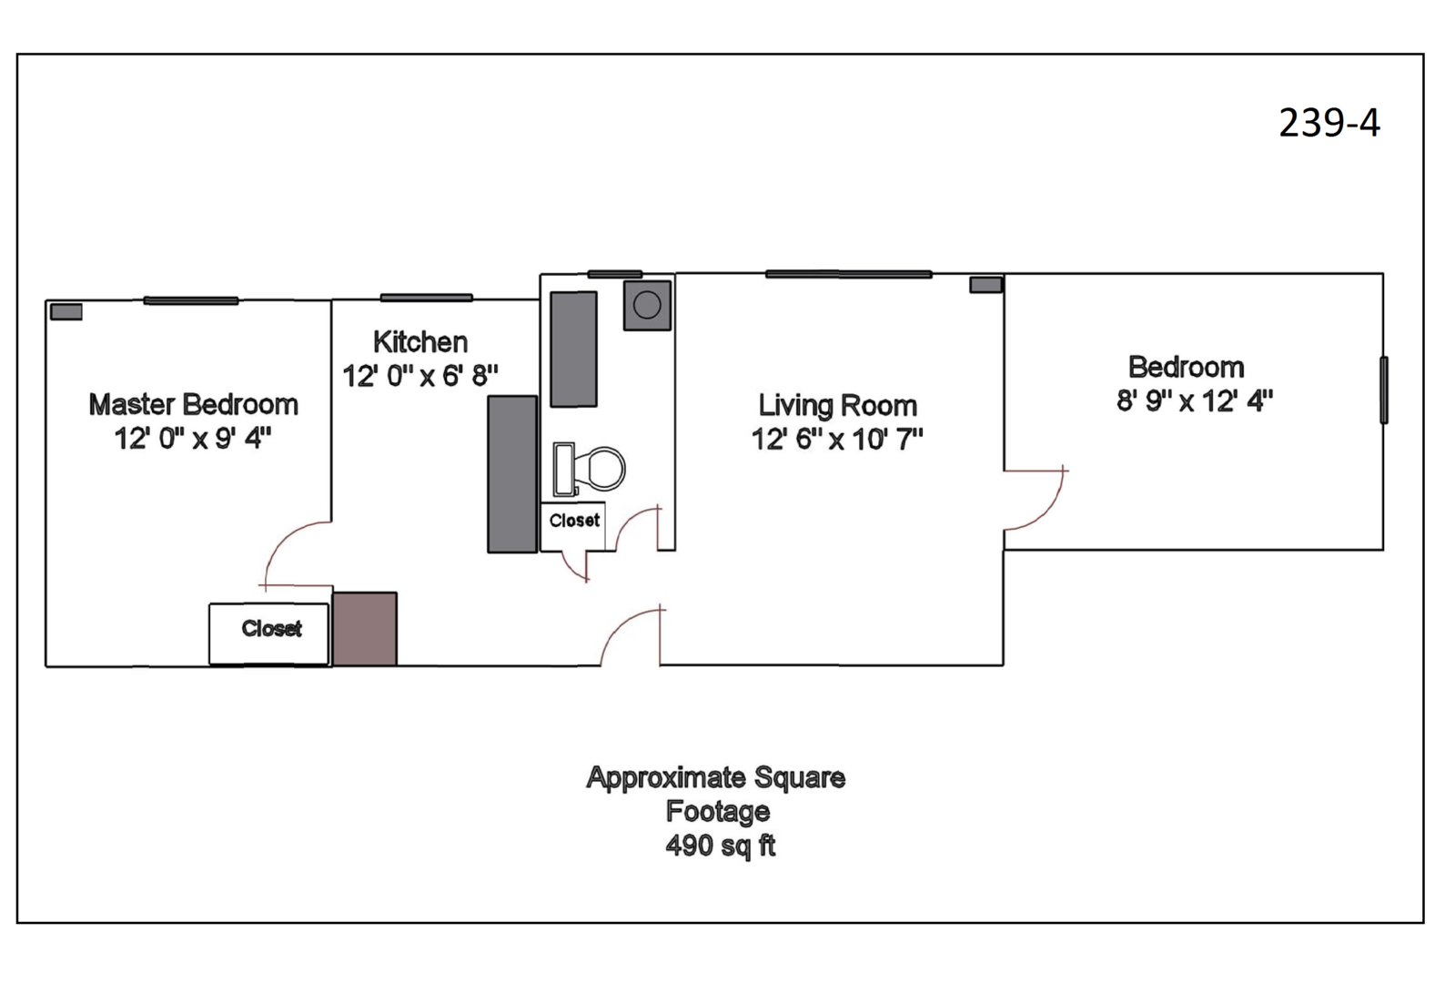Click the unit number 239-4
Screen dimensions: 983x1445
click(1329, 123)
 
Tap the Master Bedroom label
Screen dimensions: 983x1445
click(193, 404)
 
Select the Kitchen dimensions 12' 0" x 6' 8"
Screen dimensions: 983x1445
click(419, 375)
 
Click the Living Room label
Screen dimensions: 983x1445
click(837, 405)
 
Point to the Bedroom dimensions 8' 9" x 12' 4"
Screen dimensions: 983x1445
click(1194, 400)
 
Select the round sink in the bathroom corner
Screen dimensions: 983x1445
click(647, 305)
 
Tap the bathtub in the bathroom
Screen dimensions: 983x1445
click(573, 349)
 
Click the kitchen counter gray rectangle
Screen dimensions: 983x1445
click(512, 473)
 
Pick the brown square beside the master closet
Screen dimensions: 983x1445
click(364, 629)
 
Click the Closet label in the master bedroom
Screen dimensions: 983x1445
click(270, 629)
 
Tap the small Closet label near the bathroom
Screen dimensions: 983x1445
click(573, 521)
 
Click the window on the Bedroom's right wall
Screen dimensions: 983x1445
click(1383, 390)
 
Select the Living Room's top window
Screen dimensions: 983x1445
click(848, 273)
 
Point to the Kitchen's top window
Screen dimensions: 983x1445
click(426, 298)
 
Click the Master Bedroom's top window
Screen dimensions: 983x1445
click(190, 300)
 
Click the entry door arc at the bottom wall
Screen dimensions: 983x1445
click(628, 633)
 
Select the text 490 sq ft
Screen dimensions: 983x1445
click(720, 846)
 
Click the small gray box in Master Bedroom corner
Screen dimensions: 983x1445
click(66, 312)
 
